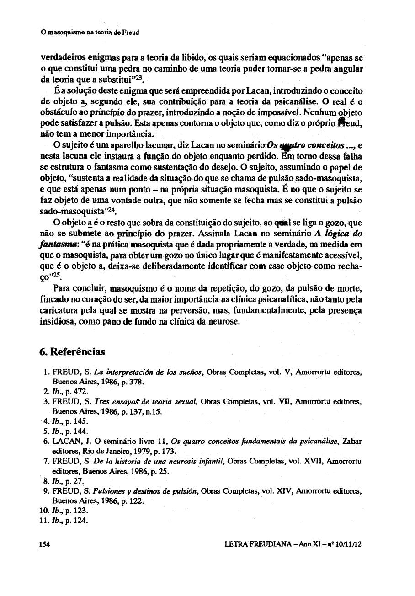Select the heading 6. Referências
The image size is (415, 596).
point(72,352)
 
